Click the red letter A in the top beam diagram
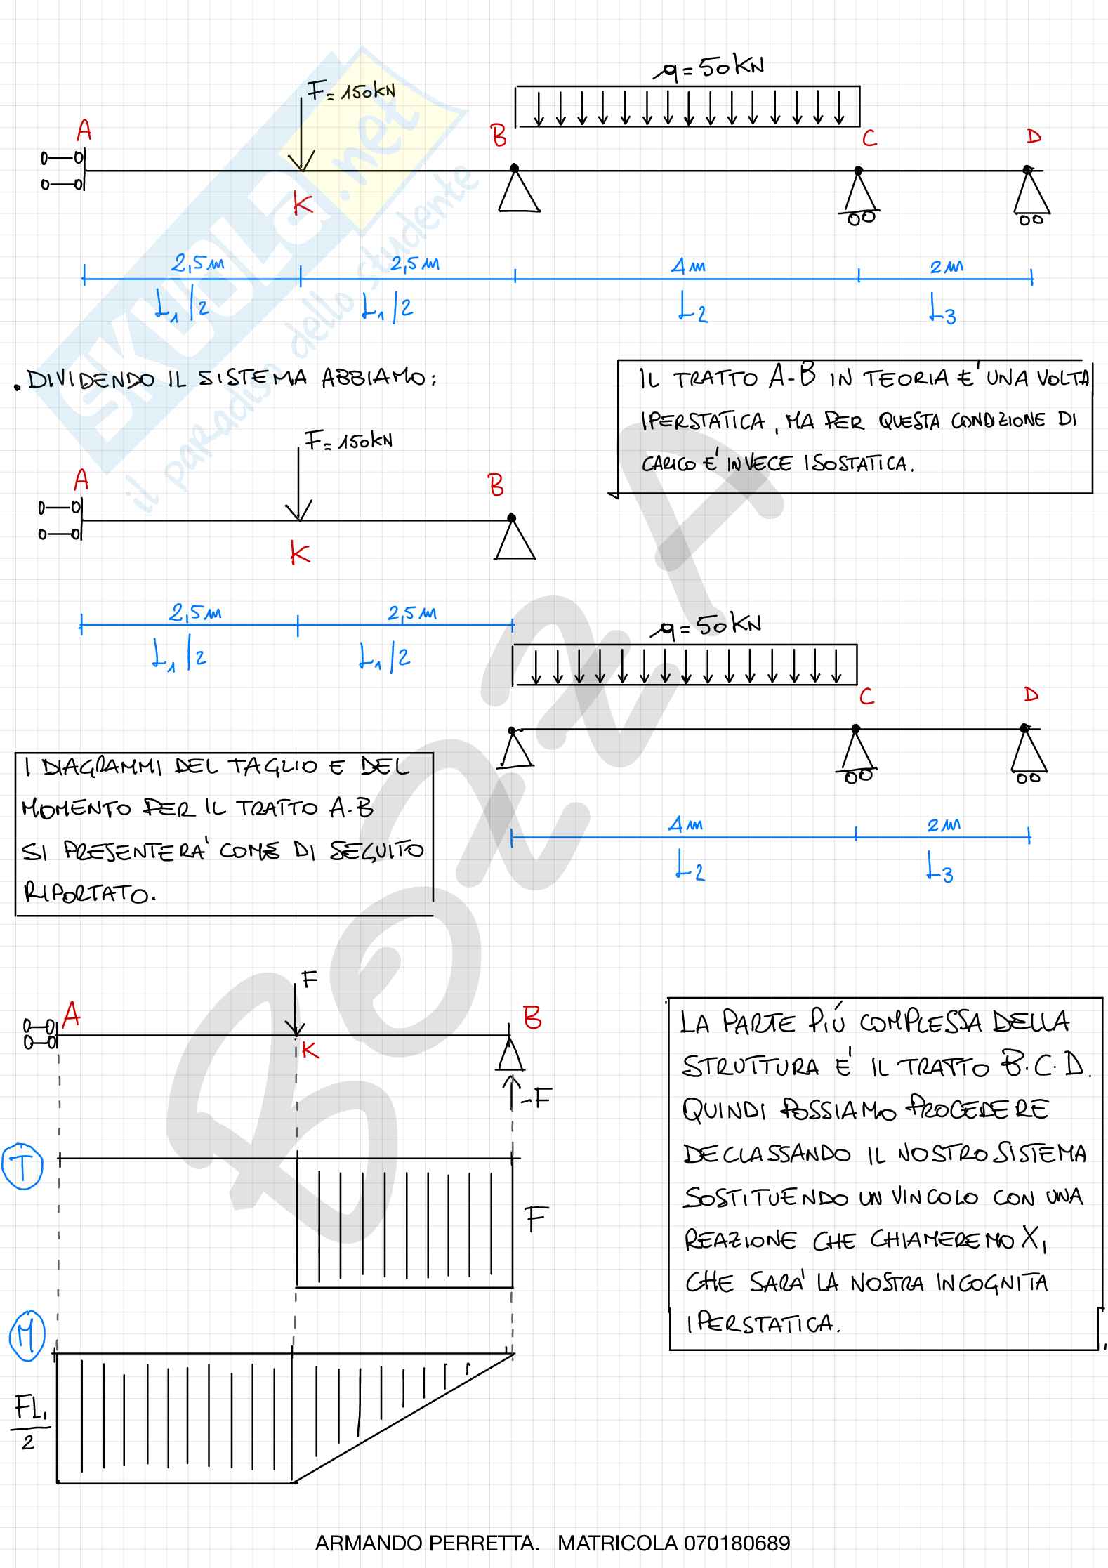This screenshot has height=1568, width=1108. (84, 131)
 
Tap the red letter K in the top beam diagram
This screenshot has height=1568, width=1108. (303, 206)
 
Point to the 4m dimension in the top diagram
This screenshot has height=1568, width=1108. (688, 267)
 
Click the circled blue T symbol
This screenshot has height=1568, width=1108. (24, 1166)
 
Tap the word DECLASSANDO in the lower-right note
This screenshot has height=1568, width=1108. (766, 1155)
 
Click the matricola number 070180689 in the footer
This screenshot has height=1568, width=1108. (737, 1543)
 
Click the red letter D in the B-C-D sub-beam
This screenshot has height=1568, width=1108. (1031, 695)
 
